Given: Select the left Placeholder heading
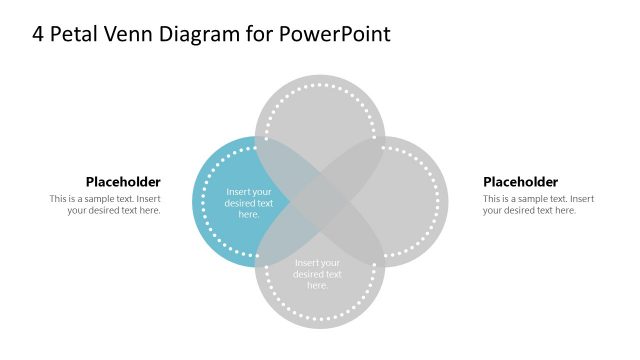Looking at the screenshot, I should click(x=123, y=182).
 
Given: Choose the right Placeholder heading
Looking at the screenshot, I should click(x=520, y=182).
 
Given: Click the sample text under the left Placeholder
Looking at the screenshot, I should click(x=105, y=204).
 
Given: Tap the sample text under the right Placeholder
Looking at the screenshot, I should click(x=538, y=204).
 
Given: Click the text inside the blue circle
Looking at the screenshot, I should click(x=248, y=203).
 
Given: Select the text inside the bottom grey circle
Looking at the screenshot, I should click(x=318, y=274).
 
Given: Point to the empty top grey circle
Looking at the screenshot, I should click(x=320, y=115).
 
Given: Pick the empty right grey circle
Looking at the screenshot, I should click(x=405, y=200).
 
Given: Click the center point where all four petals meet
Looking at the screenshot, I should click(x=320, y=201).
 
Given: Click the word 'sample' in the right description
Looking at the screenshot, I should click(x=537, y=199).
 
